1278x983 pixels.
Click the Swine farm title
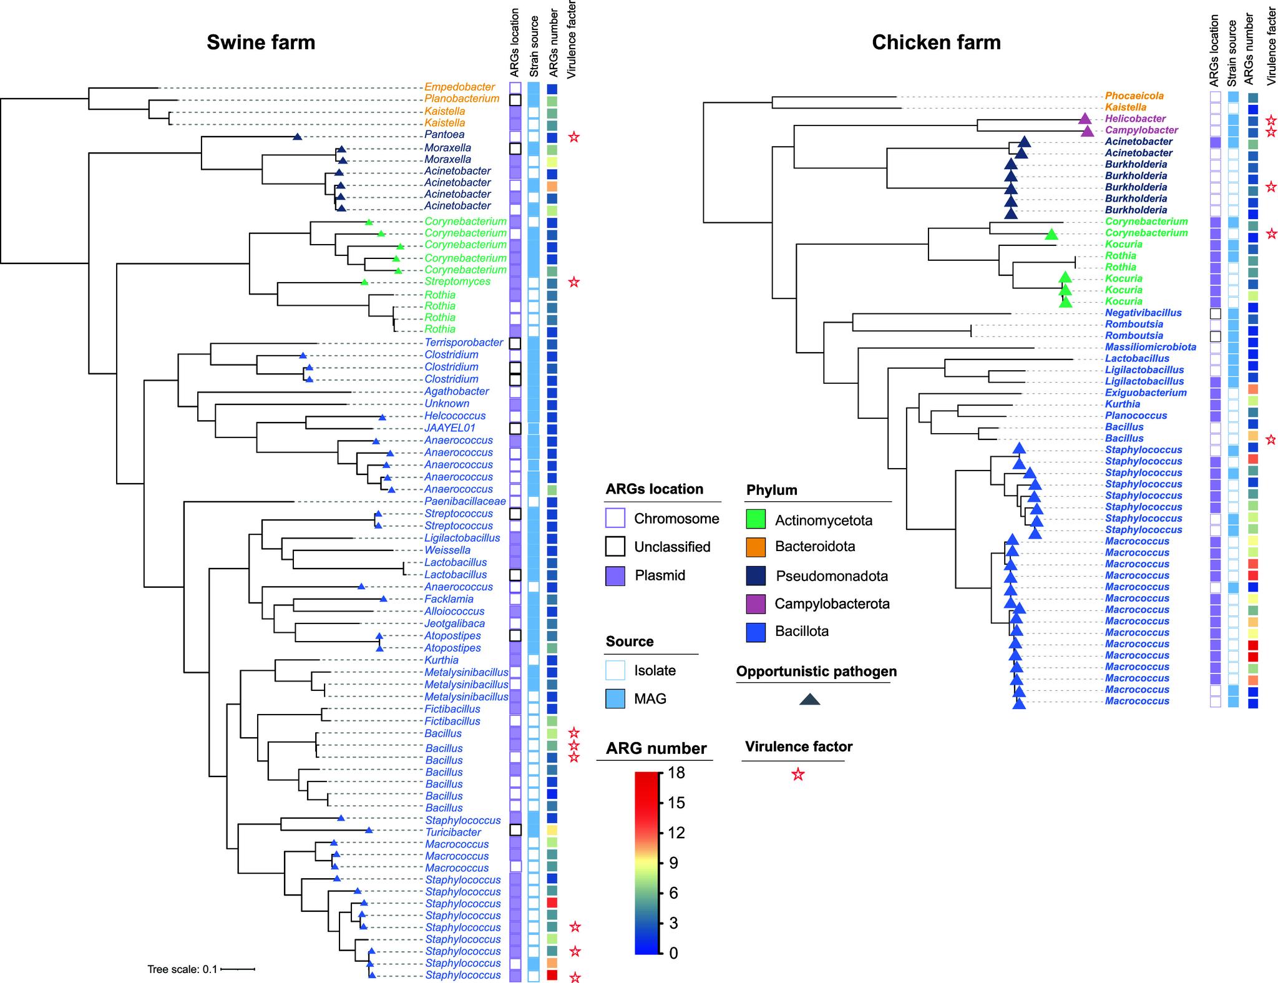click(x=261, y=42)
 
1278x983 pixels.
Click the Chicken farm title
click(x=936, y=42)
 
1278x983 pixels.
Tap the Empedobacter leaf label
click(x=460, y=87)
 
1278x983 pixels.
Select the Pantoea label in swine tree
click(x=444, y=135)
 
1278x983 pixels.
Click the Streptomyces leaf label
click(x=457, y=281)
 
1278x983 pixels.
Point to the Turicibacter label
click(x=453, y=832)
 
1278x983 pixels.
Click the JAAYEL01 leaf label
click(x=450, y=428)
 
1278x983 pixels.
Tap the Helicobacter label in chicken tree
click(x=1135, y=119)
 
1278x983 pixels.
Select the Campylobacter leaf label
click(x=1141, y=130)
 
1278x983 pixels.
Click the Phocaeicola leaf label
click(x=1134, y=96)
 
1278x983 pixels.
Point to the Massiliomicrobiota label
click(x=1151, y=347)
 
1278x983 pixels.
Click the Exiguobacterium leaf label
click(x=1146, y=393)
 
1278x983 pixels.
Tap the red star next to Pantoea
click(x=574, y=137)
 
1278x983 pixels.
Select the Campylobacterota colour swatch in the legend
click(x=755, y=604)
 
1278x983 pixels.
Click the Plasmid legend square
click(x=615, y=575)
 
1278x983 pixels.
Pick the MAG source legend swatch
click(x=615, y=699)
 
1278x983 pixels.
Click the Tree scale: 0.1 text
click(x=182, y=969)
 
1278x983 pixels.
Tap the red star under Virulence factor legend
click(x=798, y=775)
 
